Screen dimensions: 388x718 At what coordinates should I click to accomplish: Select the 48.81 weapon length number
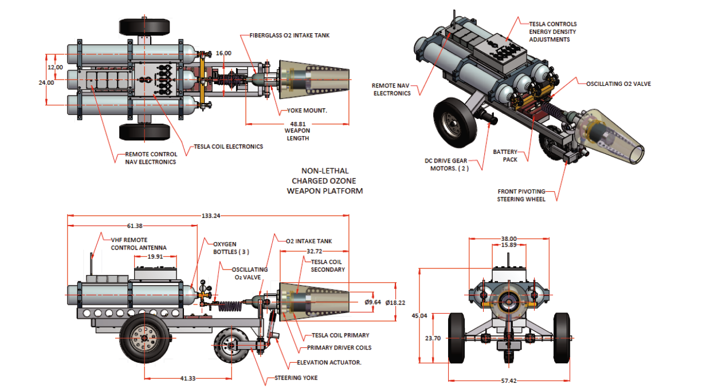click(x=297, y=124)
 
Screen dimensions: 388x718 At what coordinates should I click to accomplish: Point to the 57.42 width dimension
click(x=508, y=381)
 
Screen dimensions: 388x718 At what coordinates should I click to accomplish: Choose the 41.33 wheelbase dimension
click(x=187, y=378)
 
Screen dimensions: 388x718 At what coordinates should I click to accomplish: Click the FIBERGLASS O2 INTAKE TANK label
click(x=289, y=35)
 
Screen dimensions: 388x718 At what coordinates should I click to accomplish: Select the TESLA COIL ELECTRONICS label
click(x=229, y=147)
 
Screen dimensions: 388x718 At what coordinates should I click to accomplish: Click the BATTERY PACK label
click(x=506, y=156)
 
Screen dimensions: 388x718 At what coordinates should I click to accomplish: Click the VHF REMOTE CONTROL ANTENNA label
click(x=138, y=244)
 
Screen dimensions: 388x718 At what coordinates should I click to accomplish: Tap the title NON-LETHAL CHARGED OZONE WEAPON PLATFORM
click(x=325, y=181)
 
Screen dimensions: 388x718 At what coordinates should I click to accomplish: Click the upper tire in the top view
click(x=144, y=26)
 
